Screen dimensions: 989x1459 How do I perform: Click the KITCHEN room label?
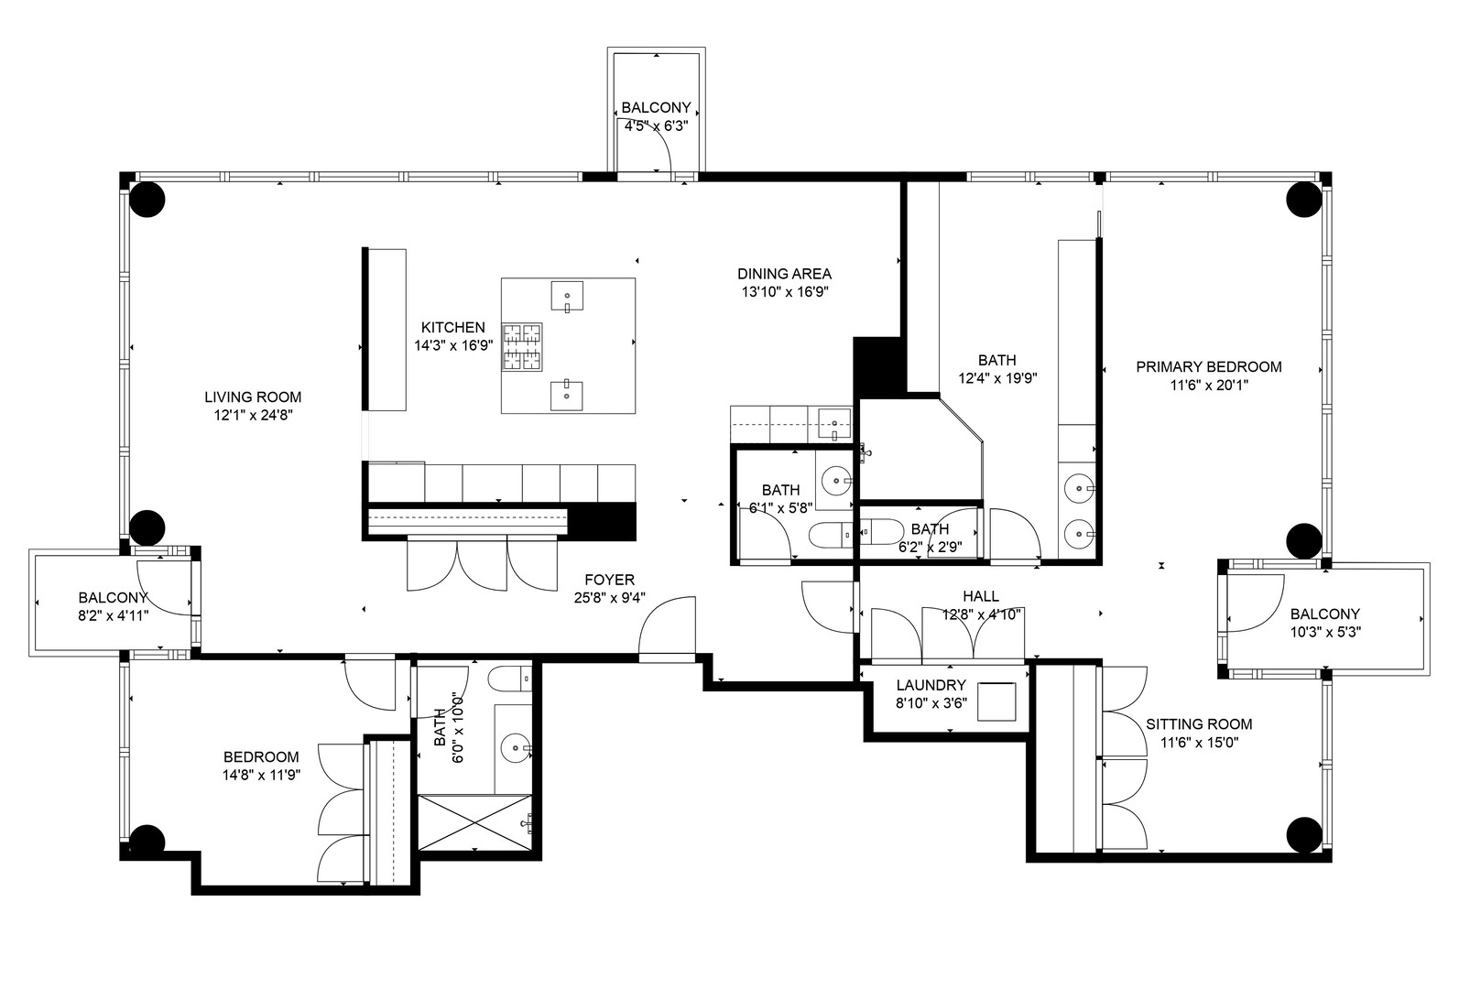pos(452,328)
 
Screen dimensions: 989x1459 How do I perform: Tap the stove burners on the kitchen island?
pos(521,347)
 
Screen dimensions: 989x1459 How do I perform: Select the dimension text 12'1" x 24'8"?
pos(252,415)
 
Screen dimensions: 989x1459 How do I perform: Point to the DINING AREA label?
pos(784,274)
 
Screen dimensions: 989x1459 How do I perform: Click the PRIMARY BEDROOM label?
pos(1208,367)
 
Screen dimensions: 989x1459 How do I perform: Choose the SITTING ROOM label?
pos(1198,724)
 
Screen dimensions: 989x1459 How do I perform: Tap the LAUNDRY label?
pos(931,685)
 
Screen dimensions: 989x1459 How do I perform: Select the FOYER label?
pos(609,580)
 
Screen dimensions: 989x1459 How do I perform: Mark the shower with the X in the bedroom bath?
pos(474,822)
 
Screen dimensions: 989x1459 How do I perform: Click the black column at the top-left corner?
pos(147,199)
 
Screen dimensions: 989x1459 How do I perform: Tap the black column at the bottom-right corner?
pos(1304,834)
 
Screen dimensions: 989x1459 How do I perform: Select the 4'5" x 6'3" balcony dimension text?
pos(656,125)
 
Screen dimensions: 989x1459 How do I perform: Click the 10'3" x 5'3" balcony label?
pos(1324,614)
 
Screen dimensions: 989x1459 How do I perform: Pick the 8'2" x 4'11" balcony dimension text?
pos(114,615)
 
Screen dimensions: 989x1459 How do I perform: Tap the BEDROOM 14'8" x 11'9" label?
pos(261,757)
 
